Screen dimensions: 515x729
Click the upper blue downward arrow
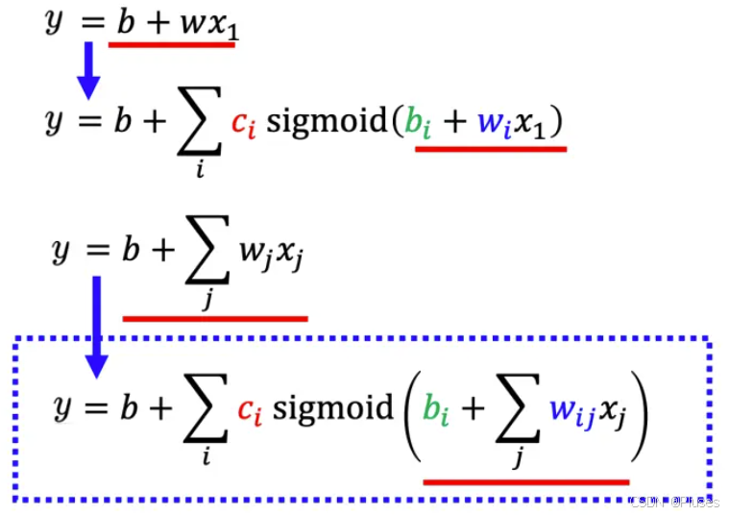tap(88, 70)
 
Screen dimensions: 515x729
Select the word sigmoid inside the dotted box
tap(332, 407)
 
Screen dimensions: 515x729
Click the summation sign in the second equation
tap(198, 124)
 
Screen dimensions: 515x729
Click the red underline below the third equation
tap(215, 317)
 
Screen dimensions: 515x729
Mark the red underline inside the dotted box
tap(525, 481)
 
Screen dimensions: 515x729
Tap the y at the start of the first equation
tap(54, 21)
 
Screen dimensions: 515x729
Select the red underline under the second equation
tap(490, 149)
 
